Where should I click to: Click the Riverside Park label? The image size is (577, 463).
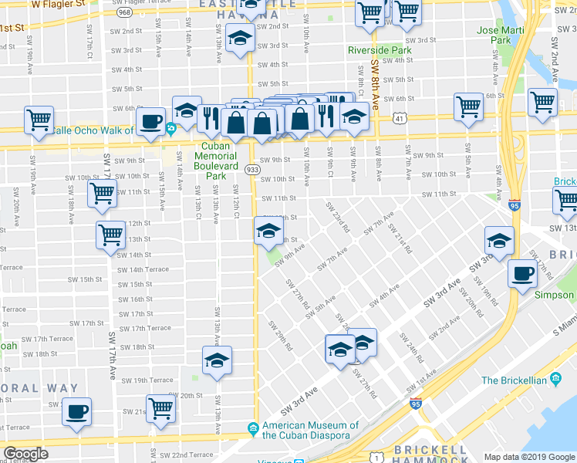pyautogui.click(x=379, y=50)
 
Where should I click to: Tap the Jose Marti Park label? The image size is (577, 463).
pyautogui.click(x=494, y=35)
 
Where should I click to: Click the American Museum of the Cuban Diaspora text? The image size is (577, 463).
pyautogui.click(x=310, y=431)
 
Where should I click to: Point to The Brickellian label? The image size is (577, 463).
pyautogui.click(x=514, y=380)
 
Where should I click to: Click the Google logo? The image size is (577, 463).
pyautogui.click(x=26, y=454)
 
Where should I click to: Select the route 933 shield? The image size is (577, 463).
pyautogui.click(x=251, y=169)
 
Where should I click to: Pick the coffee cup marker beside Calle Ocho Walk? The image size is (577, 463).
pyautogui.click(x=150, y=121)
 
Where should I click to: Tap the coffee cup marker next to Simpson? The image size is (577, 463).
pyautogui.click(x=523, y=273)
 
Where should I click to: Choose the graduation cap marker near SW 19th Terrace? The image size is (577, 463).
pyautogui.click(x=217, y=360)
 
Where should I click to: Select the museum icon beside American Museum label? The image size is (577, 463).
pyautogui.click(x=252, y=428)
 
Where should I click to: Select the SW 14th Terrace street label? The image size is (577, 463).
pyautogui.click(x=143, y=269)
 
